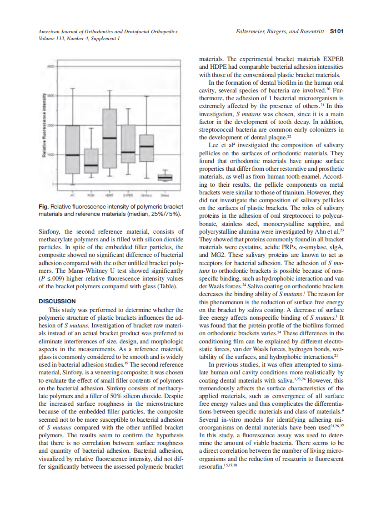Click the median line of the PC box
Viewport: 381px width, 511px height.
[x=73, y=155]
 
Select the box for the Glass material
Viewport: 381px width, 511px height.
[x=165, y=177]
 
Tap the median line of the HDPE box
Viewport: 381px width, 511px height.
[x=109, y=138]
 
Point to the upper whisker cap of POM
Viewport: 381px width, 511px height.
[x=91, y=128]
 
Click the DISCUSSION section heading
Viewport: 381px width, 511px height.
[x=57, y=301]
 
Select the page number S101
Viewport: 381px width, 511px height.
[x=336, y=31]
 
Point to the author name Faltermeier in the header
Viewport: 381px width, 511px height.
[x=253, y=31]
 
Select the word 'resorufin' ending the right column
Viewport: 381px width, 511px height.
[x=211, y=466]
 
